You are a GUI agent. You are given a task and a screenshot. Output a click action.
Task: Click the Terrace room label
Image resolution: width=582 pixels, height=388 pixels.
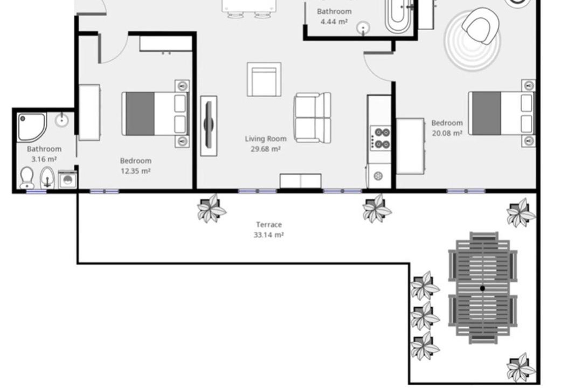click(x=269, y=225)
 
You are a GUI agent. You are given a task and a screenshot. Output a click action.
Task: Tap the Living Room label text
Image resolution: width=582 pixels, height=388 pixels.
click(x=266, y=139)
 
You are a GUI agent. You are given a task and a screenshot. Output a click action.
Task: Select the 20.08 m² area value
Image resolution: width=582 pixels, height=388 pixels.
click(x=447, y=133)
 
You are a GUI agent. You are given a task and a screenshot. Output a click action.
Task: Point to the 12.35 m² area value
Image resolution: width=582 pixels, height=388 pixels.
click(x=135, y=171)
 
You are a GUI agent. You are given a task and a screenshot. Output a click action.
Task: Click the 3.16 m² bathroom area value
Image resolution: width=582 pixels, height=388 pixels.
click(x=44, y=160)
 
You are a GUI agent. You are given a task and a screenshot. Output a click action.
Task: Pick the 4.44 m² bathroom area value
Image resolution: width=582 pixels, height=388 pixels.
click(x=334, y=22)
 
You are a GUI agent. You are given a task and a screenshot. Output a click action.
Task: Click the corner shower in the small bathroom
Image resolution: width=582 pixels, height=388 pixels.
click(x=32, y=127)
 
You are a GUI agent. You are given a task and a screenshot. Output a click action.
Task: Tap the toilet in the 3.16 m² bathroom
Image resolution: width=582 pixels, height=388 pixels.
click(x=27, y=178)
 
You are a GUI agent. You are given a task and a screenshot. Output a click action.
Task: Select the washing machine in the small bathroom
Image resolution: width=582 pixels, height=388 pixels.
click(x=67, y=180)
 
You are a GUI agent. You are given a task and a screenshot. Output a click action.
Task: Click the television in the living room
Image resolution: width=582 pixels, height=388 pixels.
click(x=209, y=126)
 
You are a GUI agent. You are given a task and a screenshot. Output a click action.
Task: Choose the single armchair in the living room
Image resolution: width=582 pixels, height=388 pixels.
click(x=264, y=79)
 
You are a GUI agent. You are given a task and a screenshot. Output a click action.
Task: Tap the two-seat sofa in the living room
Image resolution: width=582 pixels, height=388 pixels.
click(x=312, y=117)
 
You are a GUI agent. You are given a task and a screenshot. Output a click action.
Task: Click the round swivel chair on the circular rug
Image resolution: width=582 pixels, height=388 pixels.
click(x=480, y=26)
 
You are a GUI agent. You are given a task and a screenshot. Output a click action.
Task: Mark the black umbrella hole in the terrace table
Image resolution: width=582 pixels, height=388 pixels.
click(x=482, y=288)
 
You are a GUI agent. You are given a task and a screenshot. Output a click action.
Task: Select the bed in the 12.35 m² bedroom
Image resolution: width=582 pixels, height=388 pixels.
click(x=155, y=114)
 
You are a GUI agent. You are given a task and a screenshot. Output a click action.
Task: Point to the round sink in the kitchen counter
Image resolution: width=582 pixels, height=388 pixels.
click(x=378, y=176)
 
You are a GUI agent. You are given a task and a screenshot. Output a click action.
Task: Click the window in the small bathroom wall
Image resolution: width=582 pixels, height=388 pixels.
click(x=37, y=192)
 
